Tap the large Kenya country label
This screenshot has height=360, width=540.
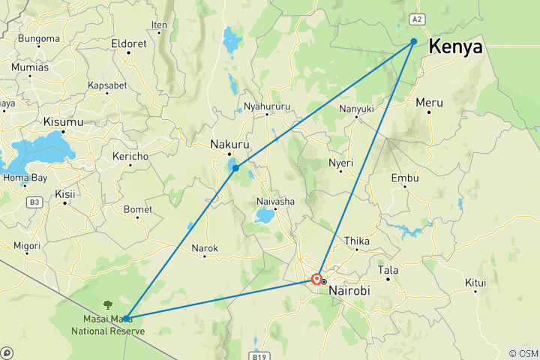click(456, 47)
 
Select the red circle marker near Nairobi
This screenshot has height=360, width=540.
click(317, 280)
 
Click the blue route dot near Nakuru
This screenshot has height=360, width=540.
click(235, 168)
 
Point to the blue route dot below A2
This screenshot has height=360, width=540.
click(413, 42)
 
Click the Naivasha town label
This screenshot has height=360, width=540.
click(277, 201)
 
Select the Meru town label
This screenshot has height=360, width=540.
click(430, 102)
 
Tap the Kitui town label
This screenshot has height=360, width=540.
click(475, 283)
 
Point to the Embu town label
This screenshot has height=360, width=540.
click(405, 178)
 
